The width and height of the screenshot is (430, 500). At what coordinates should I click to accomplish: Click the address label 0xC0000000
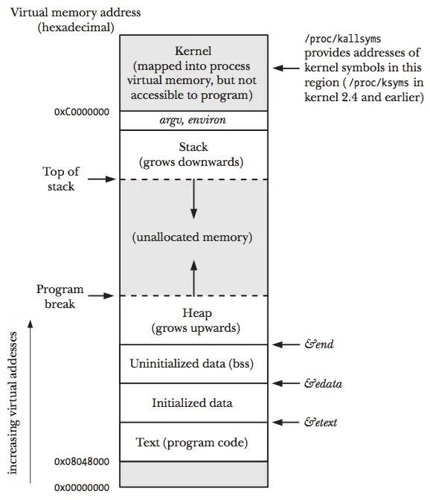(x=82, y=112)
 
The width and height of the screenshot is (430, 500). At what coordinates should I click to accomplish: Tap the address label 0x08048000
(x=82, y=461)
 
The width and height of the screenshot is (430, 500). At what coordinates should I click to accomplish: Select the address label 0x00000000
(x=82, y=487)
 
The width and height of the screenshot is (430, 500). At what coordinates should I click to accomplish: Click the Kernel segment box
(x=193, y=72)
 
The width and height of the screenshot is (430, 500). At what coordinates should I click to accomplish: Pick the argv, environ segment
(x=193, y=121)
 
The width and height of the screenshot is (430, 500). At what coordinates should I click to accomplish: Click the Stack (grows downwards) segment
(x=193, y=154)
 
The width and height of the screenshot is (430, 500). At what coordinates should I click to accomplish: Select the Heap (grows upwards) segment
(x=193, y=320)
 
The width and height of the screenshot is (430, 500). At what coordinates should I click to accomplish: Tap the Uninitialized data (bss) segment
(x=193, y=364)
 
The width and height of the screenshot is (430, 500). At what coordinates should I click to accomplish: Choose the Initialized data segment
(x=193, y=403)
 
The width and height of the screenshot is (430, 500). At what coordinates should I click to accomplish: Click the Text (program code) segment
(x=193, y=443)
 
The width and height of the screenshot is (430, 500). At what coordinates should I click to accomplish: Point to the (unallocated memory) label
(x=193, y=238)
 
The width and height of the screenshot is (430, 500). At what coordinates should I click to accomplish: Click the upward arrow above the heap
(x=193, y=278)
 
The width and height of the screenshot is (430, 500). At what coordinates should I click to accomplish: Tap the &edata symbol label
(x=323, y=384)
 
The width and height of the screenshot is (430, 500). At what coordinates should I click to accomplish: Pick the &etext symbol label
(x=321, y=423)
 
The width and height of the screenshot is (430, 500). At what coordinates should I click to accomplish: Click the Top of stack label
(x=61, y=179)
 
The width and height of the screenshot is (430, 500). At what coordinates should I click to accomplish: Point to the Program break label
(x=60, y=296)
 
